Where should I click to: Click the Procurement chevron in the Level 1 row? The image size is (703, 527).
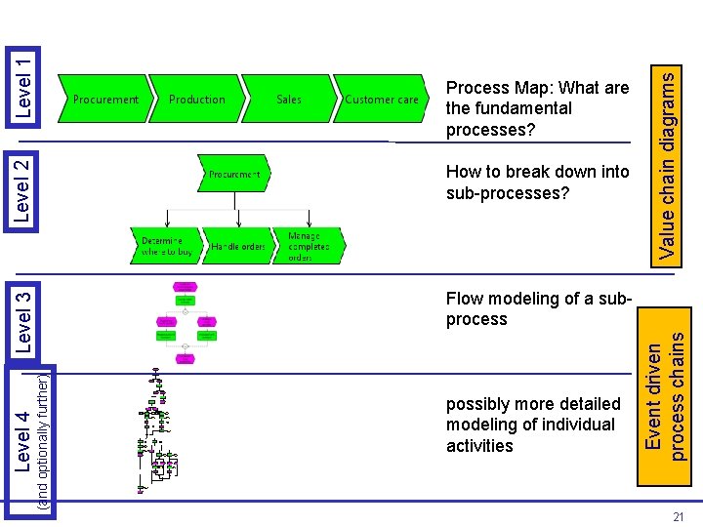click(x=105, y=99)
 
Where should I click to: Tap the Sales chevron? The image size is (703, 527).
click(x=289, y=99)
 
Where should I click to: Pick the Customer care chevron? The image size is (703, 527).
click(x=381, y=99)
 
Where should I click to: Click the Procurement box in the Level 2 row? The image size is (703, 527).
click(x=235, y=175)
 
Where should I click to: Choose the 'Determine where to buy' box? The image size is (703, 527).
click(x=162, y=246)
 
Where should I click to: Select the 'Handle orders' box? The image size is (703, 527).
click(x=238, y=247)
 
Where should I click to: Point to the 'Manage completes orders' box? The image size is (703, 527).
click(x=309, y=246)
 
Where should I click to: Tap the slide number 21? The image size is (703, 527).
click(x=678, y=517)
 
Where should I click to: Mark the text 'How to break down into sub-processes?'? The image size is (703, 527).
click(x=537, y=182)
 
